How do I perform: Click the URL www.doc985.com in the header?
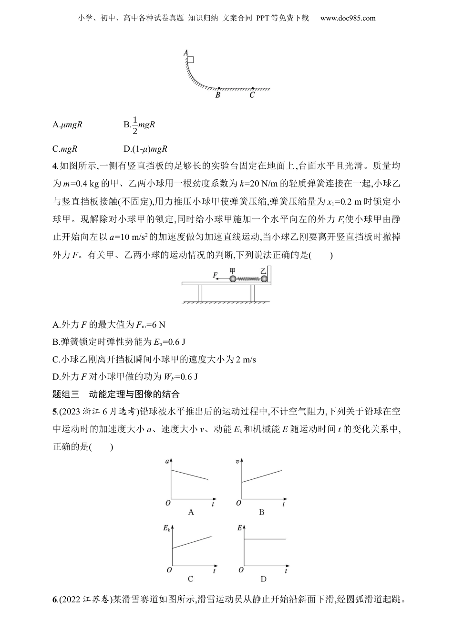(x=348, y=18)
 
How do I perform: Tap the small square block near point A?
(x=190, y=60)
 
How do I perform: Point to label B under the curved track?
(x=217, y=95)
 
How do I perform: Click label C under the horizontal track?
(x=252, y=95)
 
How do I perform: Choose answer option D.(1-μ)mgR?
(x=145, y=149)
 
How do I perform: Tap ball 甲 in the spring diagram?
(x=233, y=279)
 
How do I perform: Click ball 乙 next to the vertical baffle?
(x=264, y=279)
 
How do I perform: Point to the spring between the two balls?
(x=248, y=279)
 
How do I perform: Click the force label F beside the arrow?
(x=216, y=275)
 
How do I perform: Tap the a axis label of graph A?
(x=166, y=461)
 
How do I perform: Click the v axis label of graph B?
(x=237, y=461)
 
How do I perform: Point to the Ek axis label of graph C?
(x=166, y=528)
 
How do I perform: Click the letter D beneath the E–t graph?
(x=263, y=579)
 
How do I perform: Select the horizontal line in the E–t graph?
(x=265, y=539)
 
